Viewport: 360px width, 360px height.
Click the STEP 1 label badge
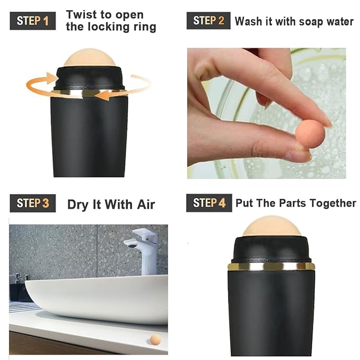[33, 21]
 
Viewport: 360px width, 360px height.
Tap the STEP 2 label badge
[208, 21]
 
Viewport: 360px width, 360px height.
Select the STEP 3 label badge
[33, 203]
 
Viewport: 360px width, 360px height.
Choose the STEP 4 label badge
[209, 203]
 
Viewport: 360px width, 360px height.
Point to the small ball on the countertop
[155, 339]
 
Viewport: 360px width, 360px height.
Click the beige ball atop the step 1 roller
[90, 58]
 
